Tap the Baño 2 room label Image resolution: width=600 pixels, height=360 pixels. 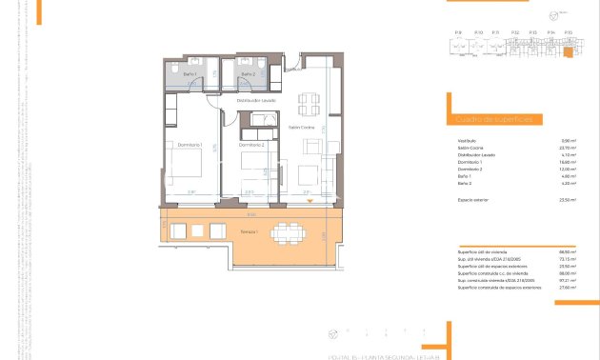tap(248, 73)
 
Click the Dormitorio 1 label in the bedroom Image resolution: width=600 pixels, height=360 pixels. tap(190, 144)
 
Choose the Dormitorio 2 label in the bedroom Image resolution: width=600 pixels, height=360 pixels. tap(250, 144)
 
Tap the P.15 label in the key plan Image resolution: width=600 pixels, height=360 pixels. tap(569, 32)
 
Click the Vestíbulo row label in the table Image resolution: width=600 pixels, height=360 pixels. tap(467, 142)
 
